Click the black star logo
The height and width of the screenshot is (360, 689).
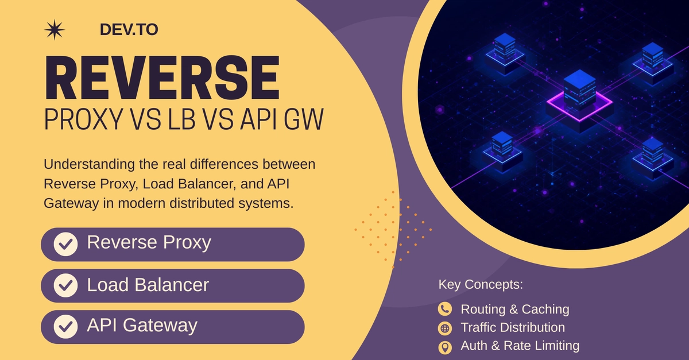coord(55,30)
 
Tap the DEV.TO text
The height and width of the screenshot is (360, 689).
coord(129,29)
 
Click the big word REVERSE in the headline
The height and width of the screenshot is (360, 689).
coord(162,78)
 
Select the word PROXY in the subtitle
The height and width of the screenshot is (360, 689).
coord(84,119)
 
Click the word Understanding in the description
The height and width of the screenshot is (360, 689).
coord(89,165)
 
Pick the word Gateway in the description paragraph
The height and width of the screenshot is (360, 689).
coord(71,204)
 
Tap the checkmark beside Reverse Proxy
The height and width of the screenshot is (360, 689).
coord(65,245)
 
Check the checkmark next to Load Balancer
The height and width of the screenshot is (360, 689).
coord(65,285)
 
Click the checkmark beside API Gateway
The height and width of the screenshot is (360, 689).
coord(65,327)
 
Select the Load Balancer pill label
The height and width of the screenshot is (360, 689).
coord(148,285)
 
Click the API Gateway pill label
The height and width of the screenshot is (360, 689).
coord(142,326)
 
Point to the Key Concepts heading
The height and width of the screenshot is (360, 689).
coord(481,284)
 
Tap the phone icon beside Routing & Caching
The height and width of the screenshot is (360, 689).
coord(445,309)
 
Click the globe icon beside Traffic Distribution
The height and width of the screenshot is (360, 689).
coord(445,328)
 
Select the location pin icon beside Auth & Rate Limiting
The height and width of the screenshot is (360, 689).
coord(445,347)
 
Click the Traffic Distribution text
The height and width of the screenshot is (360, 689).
coord(513,327)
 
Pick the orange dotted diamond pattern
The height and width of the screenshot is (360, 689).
coord(393,230)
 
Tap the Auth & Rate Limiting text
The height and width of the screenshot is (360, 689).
coord(520,346)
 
